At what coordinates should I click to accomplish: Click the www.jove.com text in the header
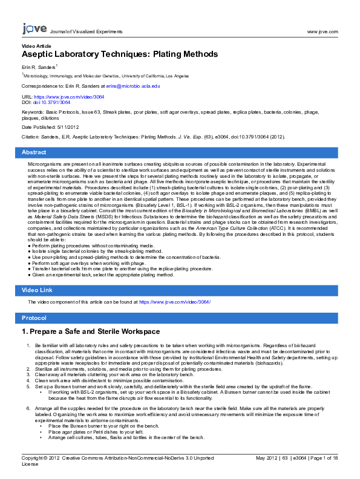[322, 31]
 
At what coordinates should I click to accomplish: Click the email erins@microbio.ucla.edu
[137, 86]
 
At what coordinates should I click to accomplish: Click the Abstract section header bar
[180, 152]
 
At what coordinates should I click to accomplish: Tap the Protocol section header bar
[180, 318]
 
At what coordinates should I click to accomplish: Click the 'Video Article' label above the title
[36, 46]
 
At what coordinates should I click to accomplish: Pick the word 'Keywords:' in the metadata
[33, 112]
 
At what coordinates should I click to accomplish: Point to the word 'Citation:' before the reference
[32, 137]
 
